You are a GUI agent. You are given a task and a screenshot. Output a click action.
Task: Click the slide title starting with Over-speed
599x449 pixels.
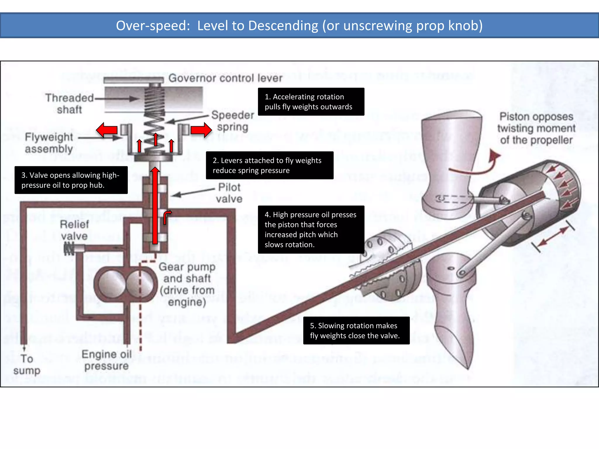[x=299, y=26]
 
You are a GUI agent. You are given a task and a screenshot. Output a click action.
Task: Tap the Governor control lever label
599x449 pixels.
[x=225, y=78]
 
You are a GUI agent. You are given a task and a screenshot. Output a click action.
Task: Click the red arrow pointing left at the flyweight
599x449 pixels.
[x=107, y=130]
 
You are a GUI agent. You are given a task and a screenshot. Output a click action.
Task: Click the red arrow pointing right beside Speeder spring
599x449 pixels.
[x=201, y=130]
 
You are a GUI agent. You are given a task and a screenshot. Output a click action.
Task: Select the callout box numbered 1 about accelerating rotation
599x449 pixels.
[x=311, y=102]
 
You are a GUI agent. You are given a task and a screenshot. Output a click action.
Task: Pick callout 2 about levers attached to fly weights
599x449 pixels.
[x=269, y=165]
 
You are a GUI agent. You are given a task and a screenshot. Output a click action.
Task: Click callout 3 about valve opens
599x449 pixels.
[x=71, y=180]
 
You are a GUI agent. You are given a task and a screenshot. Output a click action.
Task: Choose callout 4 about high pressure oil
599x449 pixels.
[x=311, y=229]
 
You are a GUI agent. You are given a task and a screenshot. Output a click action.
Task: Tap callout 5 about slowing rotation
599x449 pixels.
[x=356, y=331]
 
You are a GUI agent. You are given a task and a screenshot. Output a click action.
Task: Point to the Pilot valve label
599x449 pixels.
[x=229, y=193]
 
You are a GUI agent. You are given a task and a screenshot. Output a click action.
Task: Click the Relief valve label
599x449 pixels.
[x=74, y=230]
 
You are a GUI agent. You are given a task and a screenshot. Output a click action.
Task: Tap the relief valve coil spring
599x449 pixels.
[x=69, y=249]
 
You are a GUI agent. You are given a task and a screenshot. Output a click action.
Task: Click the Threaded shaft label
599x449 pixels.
[x=69, y=103]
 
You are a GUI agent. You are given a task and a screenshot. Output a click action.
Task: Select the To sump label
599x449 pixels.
[x=27, y=365]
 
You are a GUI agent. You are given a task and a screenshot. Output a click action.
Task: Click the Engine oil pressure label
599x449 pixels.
[x=106, y=360]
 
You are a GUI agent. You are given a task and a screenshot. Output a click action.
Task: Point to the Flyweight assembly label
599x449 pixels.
[x=49, y=143]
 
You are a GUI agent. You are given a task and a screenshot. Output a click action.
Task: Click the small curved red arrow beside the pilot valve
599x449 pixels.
[x=167, y=217]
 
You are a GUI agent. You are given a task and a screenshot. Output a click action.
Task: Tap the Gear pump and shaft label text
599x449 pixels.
[x=187, y=284]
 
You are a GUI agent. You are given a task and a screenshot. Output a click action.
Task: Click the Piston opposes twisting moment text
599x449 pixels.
[x=536, y=128]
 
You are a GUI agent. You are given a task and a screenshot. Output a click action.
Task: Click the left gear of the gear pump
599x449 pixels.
[x=112, y=284]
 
